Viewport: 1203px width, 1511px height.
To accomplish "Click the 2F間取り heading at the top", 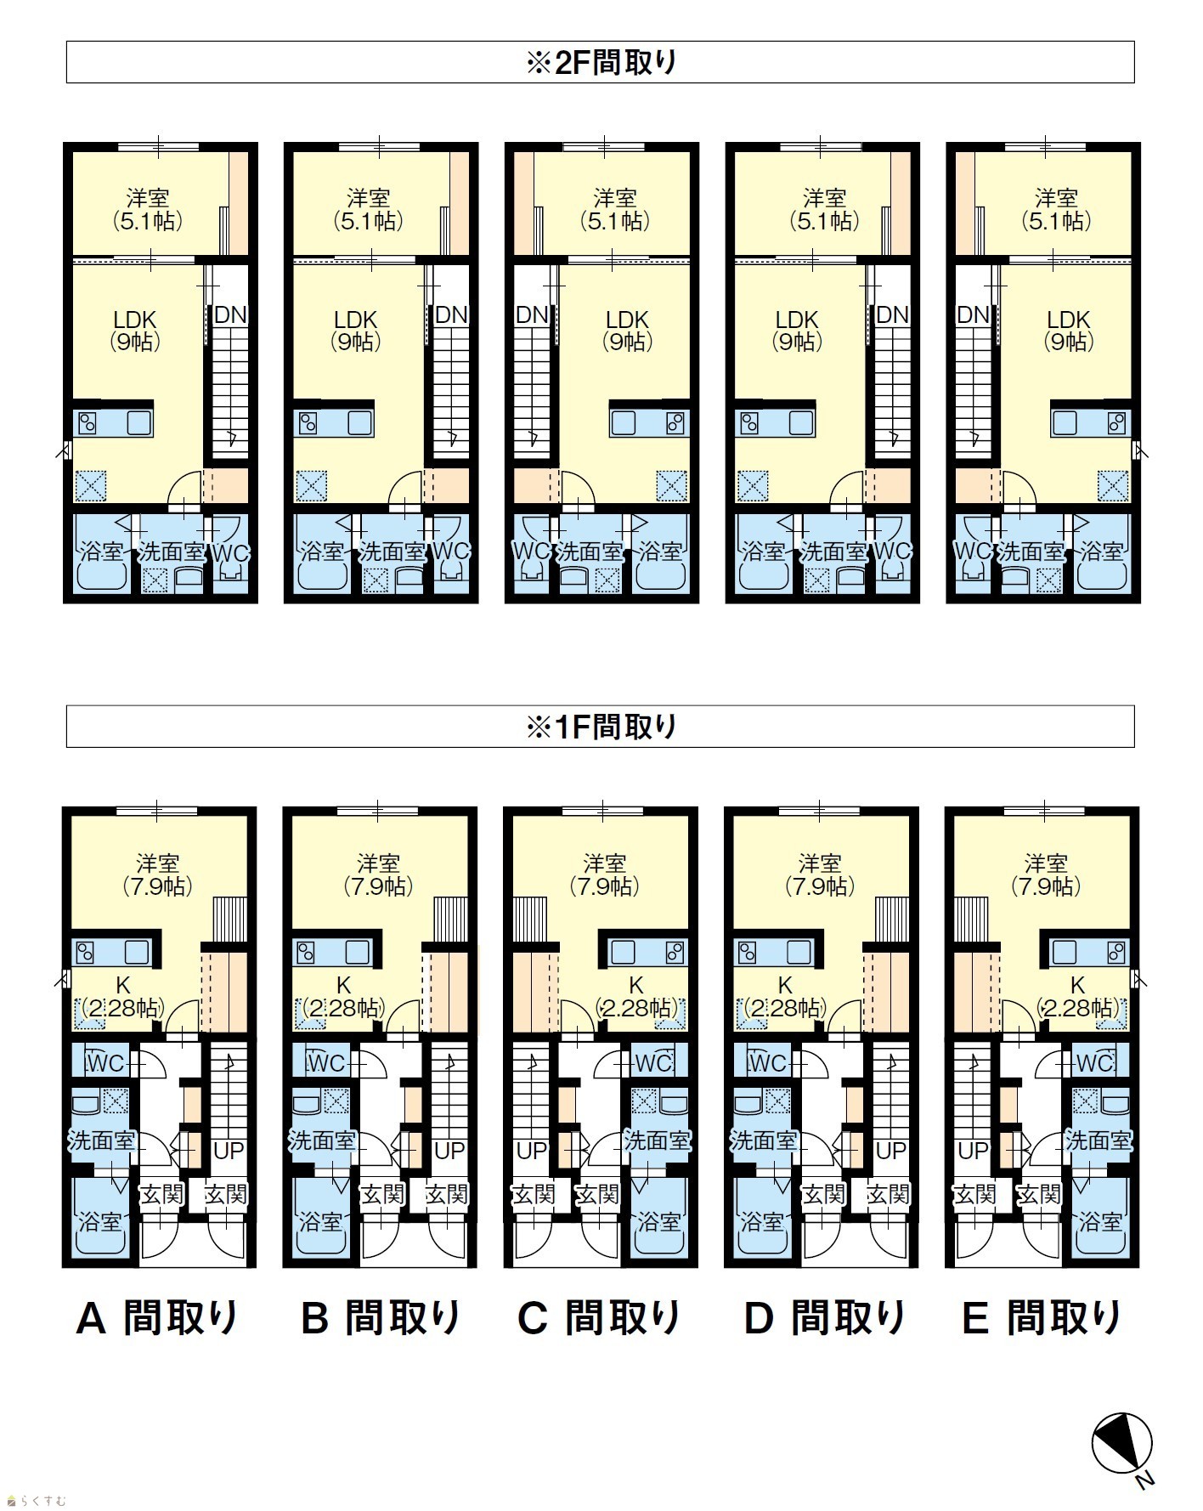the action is click(x=601, y=63).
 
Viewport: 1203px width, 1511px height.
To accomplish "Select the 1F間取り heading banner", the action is click(x=601, y=727).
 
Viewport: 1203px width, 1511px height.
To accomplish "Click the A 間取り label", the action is click(x=158, y=1319).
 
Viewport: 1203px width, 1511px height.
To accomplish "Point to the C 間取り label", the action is click(x=600, y=1319).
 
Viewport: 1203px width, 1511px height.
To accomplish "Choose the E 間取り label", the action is click(x=1042, y=1319).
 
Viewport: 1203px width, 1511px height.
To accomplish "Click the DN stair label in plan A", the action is click(x=229, y=315).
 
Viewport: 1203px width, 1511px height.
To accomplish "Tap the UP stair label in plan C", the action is click(x=532, y=1151).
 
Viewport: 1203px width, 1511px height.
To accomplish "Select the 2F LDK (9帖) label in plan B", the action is click(x=355, y=331).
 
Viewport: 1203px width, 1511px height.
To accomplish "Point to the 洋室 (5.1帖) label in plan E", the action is click(x=1056, y=210).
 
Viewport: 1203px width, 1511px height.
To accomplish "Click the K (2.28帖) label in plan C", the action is click(x=636, y=997).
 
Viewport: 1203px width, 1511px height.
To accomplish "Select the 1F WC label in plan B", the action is click(x=325, y=1063).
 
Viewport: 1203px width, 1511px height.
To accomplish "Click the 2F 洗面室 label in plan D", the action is click(x=833, y=552).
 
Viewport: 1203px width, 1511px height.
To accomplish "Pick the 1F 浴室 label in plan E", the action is click(x=1101, y=1222).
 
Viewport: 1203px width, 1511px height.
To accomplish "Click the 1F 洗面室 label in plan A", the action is click(x=101, y=1140).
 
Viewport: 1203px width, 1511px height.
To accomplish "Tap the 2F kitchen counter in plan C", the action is click(x=649, y=422).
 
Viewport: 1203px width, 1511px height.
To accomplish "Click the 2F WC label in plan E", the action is click(x=972, y=552).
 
